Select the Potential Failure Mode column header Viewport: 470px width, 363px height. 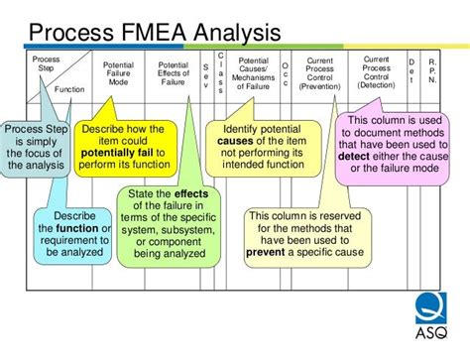[x=118, y=74]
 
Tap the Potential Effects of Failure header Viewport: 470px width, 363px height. [x=173, y=74]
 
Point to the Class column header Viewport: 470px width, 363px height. [x=220, y=74]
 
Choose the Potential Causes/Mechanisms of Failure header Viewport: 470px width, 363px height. [x=253, y=74]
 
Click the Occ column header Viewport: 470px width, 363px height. [x=286, y=74]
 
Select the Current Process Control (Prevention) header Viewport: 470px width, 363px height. [x=320, y=74]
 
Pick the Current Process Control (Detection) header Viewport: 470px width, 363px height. [x=376, y=73]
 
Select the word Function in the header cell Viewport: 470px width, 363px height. [x=69, y=88]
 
